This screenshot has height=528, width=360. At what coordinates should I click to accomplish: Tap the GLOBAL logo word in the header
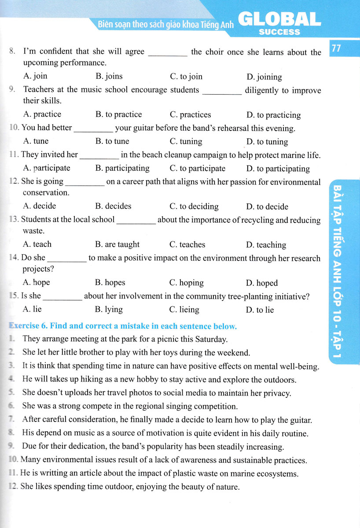(279, 19)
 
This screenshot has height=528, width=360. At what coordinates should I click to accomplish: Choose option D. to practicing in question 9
(273, 115)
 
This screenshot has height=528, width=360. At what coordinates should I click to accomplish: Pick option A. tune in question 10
(36, 141)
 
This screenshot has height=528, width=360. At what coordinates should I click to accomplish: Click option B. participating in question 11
(122, 169)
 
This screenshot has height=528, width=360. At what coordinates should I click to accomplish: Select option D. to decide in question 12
(267, 206)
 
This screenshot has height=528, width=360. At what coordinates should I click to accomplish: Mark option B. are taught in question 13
(117, 244)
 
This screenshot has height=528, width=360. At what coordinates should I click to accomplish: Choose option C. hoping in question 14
(186, 282)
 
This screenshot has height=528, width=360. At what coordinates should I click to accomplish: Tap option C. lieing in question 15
(184, 309)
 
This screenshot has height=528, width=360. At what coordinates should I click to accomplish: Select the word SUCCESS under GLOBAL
(279, 32)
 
